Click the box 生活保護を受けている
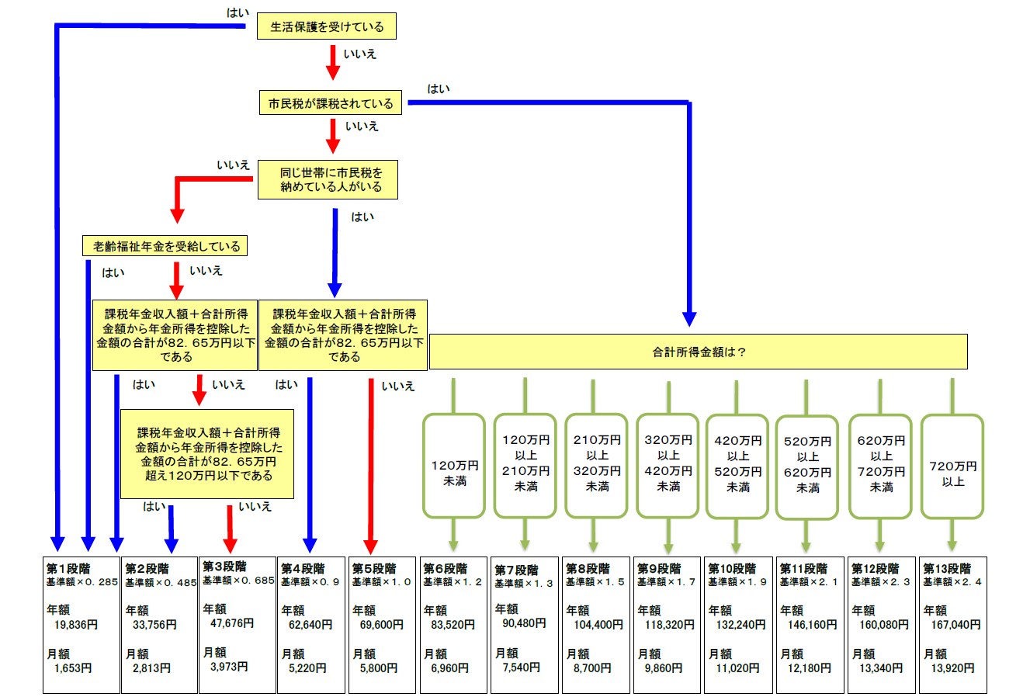(x=326, y=26)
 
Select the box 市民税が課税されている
(x=331, y=103)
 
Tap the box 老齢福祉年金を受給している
(x=166, y=247)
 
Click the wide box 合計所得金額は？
(x=698, y=352)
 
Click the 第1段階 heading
(x=68, y=568)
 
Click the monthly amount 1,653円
(x=73, y=668)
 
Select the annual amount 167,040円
(x=955, y=624)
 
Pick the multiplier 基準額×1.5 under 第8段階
(x=595, y=582)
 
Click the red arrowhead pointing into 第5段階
(x=371, y=545)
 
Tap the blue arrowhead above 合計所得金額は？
(x=688, y=319)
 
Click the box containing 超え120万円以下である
(x=207, y=454)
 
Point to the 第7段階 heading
(x=515, y=570)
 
